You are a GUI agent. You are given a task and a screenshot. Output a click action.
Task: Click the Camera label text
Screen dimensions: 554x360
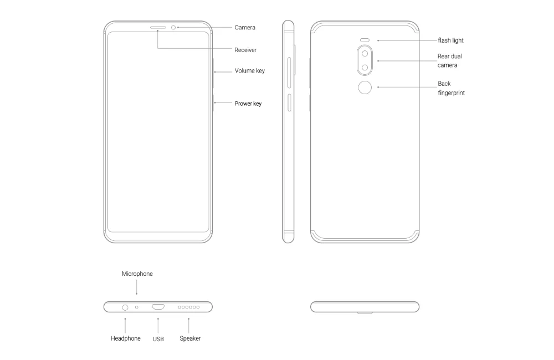(x=245, y=28)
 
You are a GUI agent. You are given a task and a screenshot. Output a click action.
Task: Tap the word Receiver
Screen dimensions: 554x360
(x=245, y=50)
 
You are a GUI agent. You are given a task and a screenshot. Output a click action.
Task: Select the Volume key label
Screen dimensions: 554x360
(x=250, y=71)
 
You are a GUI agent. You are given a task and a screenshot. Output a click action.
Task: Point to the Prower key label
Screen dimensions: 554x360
(x=248, y=104)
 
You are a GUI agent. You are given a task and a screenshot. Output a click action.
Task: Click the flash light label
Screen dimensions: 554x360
(x=451, y=40)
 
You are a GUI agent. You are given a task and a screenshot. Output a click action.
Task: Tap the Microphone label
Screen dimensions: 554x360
(x=137, y=274)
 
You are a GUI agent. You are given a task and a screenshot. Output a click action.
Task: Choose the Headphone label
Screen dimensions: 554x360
(x=125, y=338)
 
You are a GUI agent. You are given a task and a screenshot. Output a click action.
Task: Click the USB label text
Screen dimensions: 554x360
(x=158, y=339)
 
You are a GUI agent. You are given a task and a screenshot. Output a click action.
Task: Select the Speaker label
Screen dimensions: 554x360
(x=190, y=338)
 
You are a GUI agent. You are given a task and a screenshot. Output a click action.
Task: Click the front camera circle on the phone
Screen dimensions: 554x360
(x=173, y=28)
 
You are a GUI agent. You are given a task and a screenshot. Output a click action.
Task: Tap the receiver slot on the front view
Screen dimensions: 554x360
(x=158, y=27)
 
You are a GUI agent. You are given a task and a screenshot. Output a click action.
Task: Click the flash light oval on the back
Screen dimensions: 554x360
(x=365, y=40)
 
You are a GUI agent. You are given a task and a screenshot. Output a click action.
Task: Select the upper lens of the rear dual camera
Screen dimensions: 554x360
(x=365, y=54)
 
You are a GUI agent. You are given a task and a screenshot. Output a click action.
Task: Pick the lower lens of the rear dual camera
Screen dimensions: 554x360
(x=365, y=68)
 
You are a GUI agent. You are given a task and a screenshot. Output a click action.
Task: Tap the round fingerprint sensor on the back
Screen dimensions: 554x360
(x=365, y=88)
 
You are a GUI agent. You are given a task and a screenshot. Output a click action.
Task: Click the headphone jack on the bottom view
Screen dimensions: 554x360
(x=125, y=308)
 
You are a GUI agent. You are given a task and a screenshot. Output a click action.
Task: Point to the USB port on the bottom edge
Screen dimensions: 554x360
(x=158, y=307)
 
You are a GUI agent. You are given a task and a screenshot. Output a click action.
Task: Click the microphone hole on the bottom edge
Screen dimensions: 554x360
(x=137, y=307)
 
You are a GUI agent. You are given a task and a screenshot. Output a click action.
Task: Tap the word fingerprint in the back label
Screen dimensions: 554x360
(x=451, y=93)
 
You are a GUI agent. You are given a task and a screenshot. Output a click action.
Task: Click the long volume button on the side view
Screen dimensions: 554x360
(x=289, y=73)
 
